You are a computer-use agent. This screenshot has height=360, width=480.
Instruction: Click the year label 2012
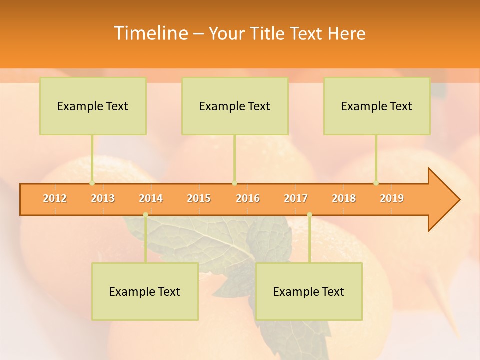pos(55,198)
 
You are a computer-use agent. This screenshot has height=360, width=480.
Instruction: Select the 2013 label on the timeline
pos(103,198)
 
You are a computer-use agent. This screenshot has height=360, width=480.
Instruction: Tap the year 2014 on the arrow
pos(151,198)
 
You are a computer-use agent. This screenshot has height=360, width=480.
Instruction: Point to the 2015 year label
pos(199,198)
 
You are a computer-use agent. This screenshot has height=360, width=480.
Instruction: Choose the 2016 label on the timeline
pos(248,198)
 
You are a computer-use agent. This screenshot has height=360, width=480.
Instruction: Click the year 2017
pos(296,198)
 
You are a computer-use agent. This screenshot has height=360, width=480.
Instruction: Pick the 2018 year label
pos(344,198)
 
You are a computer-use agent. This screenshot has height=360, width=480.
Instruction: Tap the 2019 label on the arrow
pos(392,198)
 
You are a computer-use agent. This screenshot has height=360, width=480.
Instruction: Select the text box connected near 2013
pos(93,106)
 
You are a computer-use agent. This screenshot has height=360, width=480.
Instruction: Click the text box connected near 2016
pos(235,106)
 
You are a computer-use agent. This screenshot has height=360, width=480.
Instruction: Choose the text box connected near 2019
pos(377,106)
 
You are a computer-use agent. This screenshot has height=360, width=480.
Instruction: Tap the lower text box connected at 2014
pos(145,291)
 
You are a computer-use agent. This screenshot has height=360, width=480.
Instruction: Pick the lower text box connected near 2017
pos(309,291)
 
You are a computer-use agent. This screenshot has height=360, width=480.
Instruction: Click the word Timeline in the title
pos(150,33)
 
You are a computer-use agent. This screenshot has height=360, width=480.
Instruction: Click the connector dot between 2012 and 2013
pos(92,183)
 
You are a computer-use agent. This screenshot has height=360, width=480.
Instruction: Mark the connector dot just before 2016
pos(234,183)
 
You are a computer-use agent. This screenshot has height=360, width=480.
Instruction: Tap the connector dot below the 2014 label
pos(145,215)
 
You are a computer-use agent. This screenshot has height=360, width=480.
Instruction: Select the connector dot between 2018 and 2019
pos(376,183)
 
